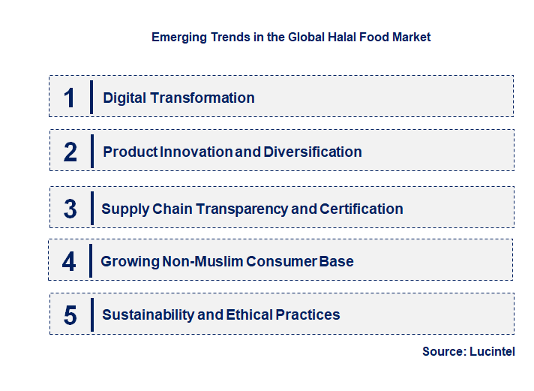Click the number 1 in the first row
[x=69, y=98]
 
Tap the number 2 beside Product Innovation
[x=70, y=152]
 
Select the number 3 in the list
[x=70, y=209]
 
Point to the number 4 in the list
[x=69, y=262]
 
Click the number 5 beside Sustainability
[x=70, y=315]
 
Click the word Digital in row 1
[x=125, y=98]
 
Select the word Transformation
[x=203, y=98]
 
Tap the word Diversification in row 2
[x=312, y=152]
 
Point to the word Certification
[x=361, y=209]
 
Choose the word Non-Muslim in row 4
[x=222, y=262]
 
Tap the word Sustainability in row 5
[x=148, y=315]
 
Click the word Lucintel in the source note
[x=492, y=352]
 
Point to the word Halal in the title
[x=345, y=37]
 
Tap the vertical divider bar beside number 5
[x=91, y=314]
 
